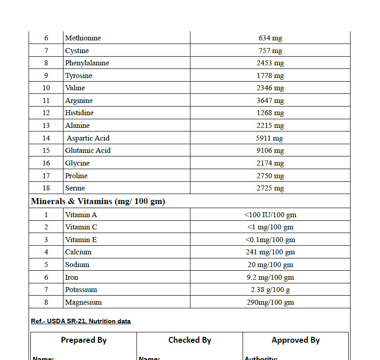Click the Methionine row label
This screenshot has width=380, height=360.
click(83, 38)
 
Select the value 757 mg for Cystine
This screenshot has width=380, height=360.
click(270, 51)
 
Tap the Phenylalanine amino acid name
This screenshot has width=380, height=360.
click(87, 63)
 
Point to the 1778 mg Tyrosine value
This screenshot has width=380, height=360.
click(270, 76)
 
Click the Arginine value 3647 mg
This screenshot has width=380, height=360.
click(270, 101)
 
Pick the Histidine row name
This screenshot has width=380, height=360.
click(79, 113)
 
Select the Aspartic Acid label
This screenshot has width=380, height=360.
click(88, 138)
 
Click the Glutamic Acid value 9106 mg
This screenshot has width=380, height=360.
click(270, 151)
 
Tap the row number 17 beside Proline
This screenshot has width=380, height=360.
click(46, 176)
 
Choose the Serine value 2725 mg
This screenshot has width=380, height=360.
click(270, 188)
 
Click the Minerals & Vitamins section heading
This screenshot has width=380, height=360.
click(98, 201)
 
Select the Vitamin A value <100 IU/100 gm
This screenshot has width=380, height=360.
click(270, 215)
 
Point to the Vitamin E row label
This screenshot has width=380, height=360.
click(81, 240)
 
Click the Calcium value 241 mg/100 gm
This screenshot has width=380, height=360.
click(270, 252)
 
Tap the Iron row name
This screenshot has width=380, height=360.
click(72, 277)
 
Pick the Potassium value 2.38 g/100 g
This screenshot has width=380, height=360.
click(270, 290)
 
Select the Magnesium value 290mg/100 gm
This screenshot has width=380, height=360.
click(270, 302)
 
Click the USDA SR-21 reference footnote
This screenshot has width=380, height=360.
click(81, 321)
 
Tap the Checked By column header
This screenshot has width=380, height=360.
click(190, 340)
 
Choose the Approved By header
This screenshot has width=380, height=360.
click(296, 340)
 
